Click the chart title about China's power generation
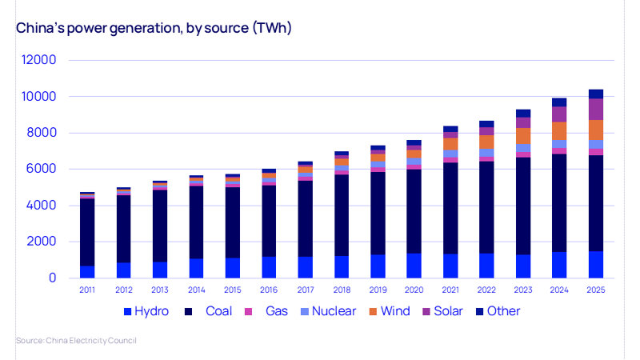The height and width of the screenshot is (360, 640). [x=154, y=28]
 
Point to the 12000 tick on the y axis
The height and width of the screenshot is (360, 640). [x=38, y=60]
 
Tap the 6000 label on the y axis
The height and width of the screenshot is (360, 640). [x=41, y=169]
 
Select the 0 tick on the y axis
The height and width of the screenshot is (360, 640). [x=52, y=278]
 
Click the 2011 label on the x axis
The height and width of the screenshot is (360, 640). [x=87, y=290]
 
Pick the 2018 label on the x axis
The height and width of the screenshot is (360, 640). [x=342, y=290]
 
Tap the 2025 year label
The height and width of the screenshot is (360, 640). [x=596, y=290]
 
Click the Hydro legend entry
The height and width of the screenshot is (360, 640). [x=146, y=311]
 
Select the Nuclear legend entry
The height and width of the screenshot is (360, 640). [x=329, y=311]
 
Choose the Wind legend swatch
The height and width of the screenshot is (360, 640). [x=373, y=311]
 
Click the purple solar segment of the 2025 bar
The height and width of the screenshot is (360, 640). [x=596, y=110]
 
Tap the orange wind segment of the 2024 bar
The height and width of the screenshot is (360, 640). [x=559, y=131]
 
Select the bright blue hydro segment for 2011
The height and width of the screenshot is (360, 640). [x=87, y=272]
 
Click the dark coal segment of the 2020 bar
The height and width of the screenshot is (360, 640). [x=414, y=211]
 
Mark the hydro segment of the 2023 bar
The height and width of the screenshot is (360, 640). [x=523, y=266]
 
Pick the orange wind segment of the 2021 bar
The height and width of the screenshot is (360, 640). [x=450, y=144]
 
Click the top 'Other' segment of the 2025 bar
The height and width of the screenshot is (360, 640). [x=596, y=94]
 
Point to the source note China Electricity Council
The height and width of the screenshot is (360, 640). [x=76, y=341]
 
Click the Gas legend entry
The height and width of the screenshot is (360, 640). [x=266, y=311]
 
